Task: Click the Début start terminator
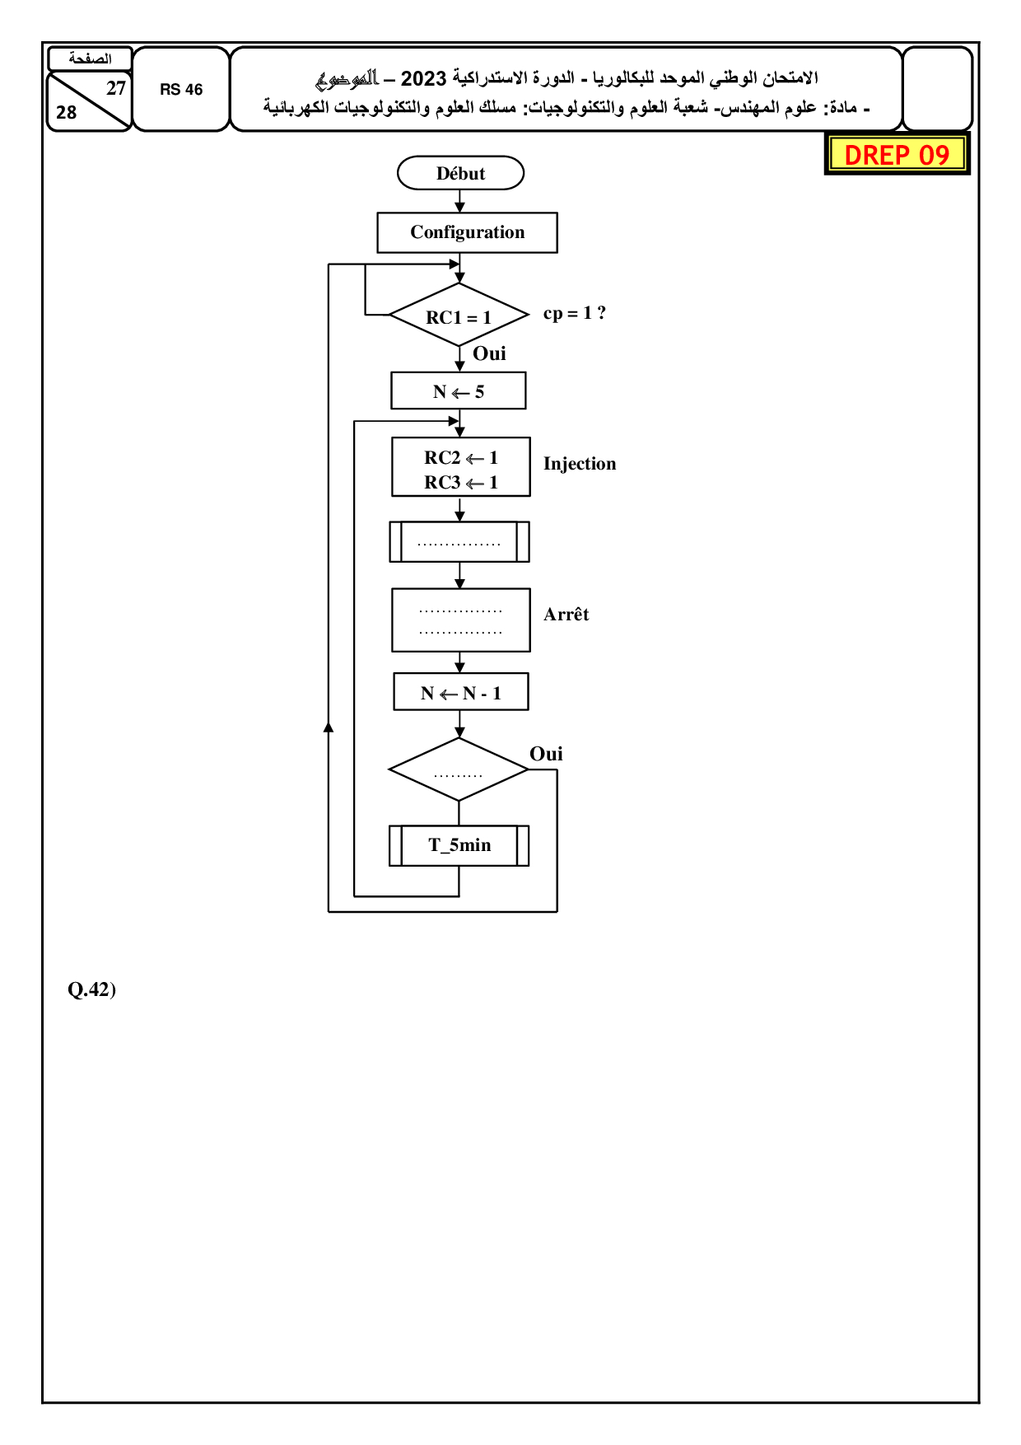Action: point(460,173)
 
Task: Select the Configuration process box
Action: point(467,232)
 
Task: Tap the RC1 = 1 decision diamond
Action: point(459,316)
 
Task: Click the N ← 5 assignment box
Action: point(459,391)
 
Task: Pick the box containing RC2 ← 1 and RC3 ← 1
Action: point(461,468)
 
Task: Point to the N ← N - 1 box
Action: point(461,693)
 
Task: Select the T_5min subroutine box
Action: point(459,845)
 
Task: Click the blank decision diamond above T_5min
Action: point(459,770)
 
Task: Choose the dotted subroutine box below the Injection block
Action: point(459,542)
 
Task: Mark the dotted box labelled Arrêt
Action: point(461,620)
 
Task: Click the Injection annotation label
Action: point(580,464)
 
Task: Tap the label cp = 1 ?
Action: point(575,313)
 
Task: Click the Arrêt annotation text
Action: point(566,615)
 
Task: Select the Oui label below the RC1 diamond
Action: point(489,353)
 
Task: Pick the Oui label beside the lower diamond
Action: point(546,754)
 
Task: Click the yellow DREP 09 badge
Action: point(897,154)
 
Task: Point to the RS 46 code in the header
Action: point(181,90)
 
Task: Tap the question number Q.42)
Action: point(91,989)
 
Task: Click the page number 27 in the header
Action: point(116,88)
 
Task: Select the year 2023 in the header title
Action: point(423,79)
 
